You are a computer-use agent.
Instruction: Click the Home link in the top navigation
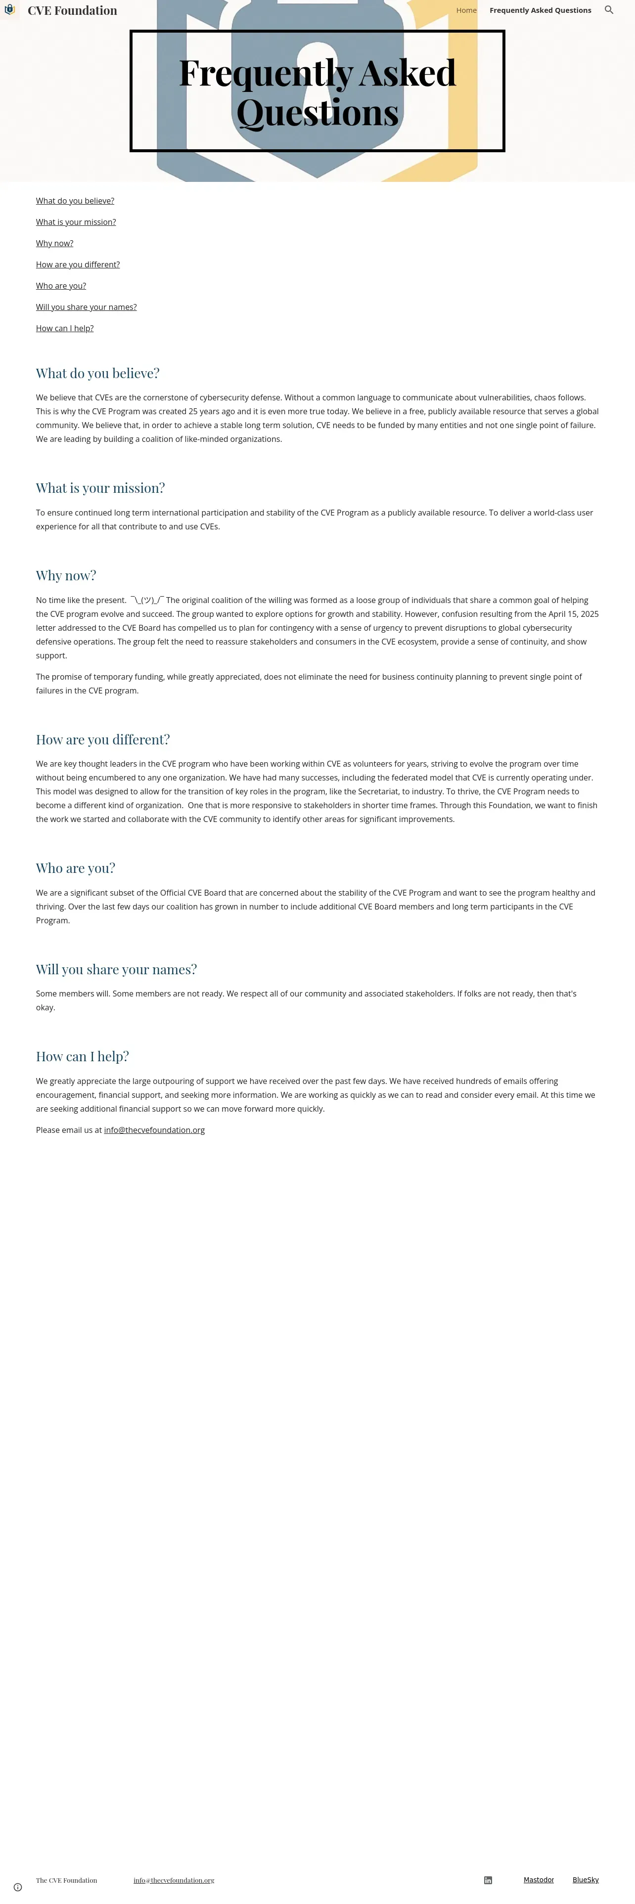tap(466, 10)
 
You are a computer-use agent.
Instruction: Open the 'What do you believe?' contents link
tap(75, 201)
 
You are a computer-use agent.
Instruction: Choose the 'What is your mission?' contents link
tap(75, 222)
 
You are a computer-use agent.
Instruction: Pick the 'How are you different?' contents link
tap(78, 264)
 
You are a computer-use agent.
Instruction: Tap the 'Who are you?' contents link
tap(61, 286)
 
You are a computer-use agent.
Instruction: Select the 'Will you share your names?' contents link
tap(86, 307)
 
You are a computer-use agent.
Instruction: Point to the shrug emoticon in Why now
tap(147, 600)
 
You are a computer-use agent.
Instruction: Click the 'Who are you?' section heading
tap(75, 868)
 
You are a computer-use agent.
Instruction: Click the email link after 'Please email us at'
tap(154, 1130)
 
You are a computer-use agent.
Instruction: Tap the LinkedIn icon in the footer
tap(488, 1880)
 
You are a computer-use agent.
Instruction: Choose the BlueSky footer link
tap(586, 1880)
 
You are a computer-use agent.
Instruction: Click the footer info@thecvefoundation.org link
tap(174, 1880)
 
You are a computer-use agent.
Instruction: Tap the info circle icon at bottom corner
tap(18, 1887)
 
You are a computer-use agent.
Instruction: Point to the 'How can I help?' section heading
tap(82, 1056)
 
